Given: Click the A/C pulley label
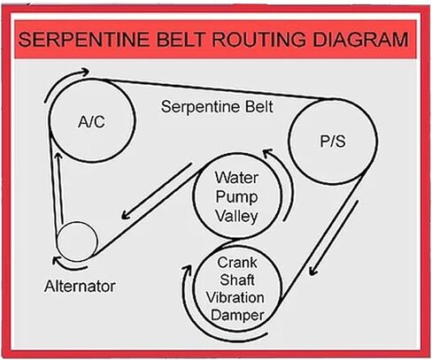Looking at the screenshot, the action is [91, 121].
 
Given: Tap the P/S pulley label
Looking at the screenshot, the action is [333, 142].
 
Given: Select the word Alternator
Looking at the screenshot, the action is [80, 286].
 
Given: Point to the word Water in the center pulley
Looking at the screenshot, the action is [236, 178].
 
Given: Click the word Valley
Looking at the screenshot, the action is [236, 217].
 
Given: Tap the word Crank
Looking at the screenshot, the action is [237, 263].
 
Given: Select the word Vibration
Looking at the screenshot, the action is [235, 297].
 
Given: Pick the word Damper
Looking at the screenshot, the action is [237, 315].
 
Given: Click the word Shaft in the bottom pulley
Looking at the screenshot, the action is [237, 280].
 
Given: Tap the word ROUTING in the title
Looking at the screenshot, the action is [258, 40].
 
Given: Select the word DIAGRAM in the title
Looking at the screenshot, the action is [360, 40].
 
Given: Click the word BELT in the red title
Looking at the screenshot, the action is [181, 40].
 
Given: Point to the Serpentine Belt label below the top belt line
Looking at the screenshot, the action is [217, 106].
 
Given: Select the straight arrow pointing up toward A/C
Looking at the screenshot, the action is [60, 188].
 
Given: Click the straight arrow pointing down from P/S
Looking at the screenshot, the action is [334, 238].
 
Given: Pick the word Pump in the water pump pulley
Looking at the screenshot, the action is [236, 197].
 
